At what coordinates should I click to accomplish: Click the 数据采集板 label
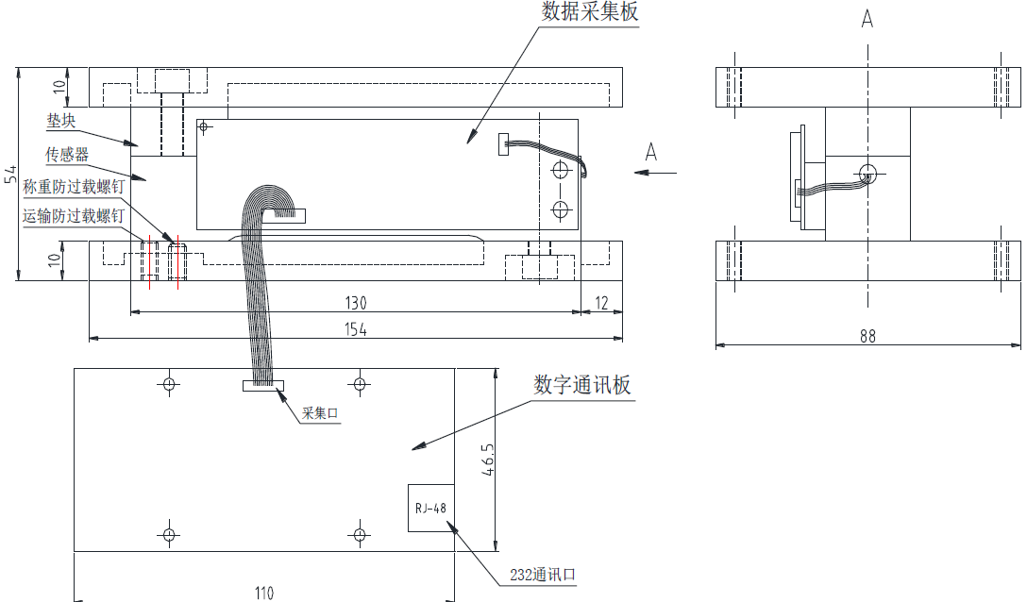pyautogui.click(x=589, y=12)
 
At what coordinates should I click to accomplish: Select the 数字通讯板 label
pyautogui.click(x=581, y=385)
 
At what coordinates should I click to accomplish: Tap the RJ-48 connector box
pyautogui.click(x=429, y=508)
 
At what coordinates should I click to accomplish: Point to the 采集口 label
pyautogui.click(x=320, y=414)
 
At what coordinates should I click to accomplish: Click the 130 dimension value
pyautogui.click(x=355, y=303)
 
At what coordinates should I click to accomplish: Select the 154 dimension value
pyautogui.click(x=355, y=329)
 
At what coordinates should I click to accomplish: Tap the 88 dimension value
pyautogui.click(x=867, y=336)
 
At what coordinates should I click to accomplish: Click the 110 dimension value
pyautogui.click(x=263, y=593)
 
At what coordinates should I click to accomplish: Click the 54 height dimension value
pyautogui.click(x=10, y=175)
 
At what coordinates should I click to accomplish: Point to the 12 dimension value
pyautogui.click(x=601, y=303)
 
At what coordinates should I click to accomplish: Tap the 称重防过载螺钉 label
pyautogui.click(x=74, y=187)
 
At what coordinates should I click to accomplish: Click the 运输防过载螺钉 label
pyautogui.click(x=74, y=216)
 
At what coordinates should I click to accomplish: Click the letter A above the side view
pyautogui.click(x=867, y=19)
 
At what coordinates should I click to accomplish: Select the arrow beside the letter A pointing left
pyautogui.click(x=656, y=172)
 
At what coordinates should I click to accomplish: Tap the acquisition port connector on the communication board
pyautogui.click(x=262, y=385)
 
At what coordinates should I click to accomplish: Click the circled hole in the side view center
pyautogui.click(x=867, y=173)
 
